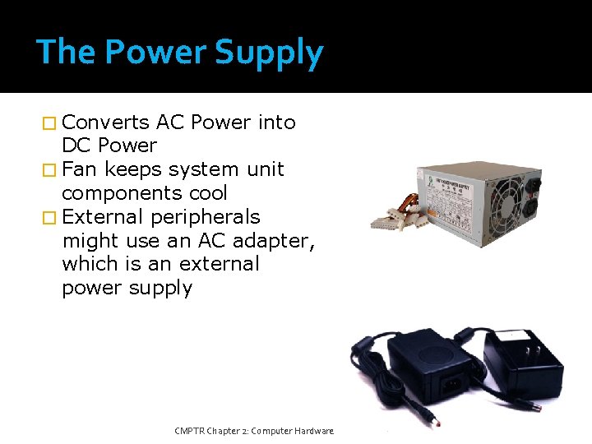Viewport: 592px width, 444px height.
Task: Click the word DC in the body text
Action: [77, 146]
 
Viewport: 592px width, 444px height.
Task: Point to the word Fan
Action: [79, 169]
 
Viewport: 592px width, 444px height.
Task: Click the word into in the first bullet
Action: [276, 123]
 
